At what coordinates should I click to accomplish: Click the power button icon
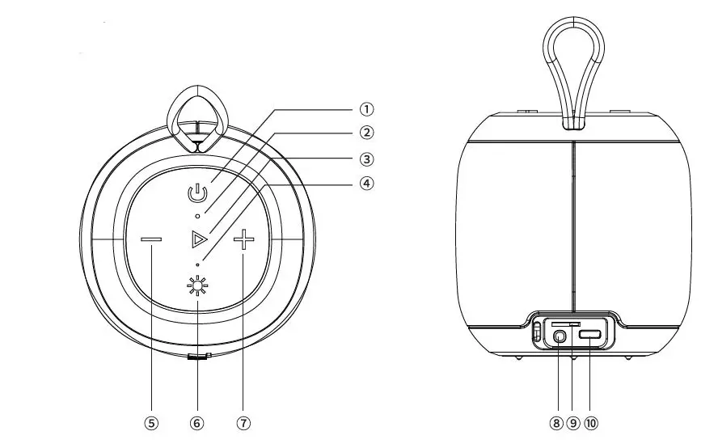tap(197, 193)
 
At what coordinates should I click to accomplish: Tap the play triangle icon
tap(199, 239)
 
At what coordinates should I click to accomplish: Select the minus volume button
tap(151, 239)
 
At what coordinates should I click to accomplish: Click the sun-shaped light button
tap(197, 286)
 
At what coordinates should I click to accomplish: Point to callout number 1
tap(366, 109)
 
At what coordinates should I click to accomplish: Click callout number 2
tap(366, 133)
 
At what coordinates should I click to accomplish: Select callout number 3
tap(366, 159)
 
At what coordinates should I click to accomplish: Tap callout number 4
tap(366, 184)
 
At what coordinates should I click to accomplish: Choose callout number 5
tap(151, 423)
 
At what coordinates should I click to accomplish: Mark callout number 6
tap(197, 423)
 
